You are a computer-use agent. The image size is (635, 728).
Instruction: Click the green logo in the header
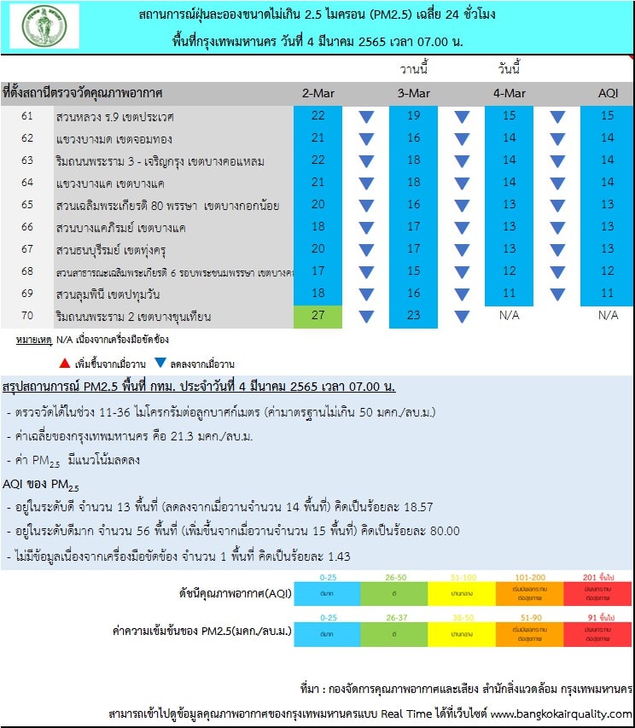(44, 26)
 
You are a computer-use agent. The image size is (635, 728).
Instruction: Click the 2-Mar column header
(317, 93)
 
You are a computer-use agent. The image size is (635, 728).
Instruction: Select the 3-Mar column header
(413, 93)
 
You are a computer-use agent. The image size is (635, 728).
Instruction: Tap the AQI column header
(607, 93)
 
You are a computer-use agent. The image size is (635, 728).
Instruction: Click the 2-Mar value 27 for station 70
(317, 317)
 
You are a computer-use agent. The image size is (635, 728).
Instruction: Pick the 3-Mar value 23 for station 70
(413, 317)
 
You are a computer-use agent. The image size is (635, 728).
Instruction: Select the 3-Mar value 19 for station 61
(413, 116)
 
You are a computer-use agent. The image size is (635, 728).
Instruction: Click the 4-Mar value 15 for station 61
(509, 116)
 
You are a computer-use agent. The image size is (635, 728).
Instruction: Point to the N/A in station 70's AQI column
(607, 317)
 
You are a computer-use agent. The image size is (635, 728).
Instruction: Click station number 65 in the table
(27, 205)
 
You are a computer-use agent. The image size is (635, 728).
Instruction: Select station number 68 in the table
(27, 271)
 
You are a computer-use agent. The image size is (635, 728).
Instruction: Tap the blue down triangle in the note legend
(160, 364)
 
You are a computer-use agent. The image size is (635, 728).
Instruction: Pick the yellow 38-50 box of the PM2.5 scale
(462, 632)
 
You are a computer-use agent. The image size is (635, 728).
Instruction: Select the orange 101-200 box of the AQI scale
(529, 592)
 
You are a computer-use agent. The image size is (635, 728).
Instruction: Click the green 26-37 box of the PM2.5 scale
(394, 632)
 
